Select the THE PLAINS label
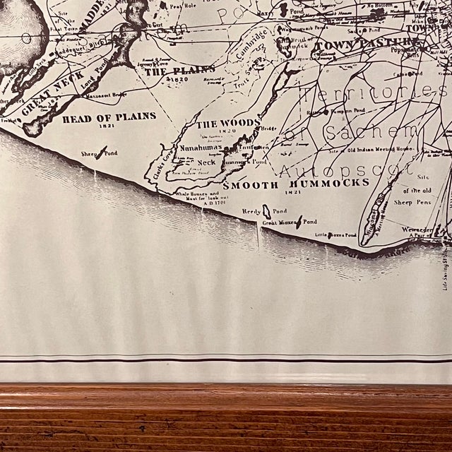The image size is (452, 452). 179,71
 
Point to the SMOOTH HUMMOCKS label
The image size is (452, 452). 296,182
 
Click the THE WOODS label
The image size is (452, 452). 228,124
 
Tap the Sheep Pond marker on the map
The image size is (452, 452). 103,150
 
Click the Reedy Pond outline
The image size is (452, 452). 266,210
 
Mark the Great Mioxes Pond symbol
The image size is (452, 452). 299,222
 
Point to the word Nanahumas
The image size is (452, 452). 201,148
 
